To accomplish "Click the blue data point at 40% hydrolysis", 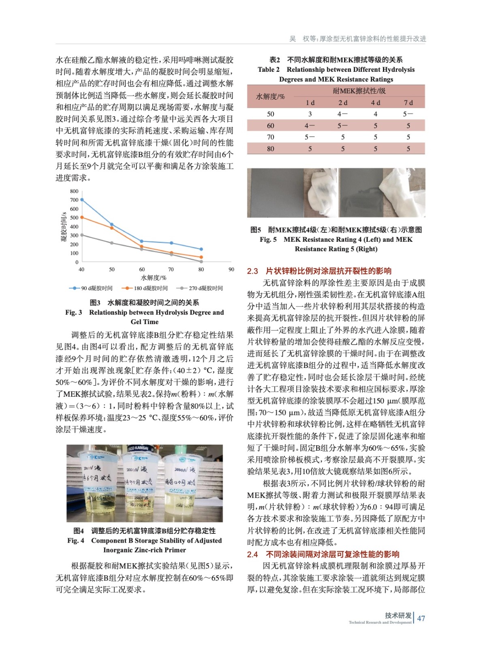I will click(x=82, y=200).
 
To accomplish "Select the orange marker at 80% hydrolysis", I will click(x=201, y=257).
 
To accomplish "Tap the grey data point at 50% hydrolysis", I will click(x=112, y=243).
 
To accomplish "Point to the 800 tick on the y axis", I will click(x=74, y=191).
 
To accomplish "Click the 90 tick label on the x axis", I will click(x=231, y=269).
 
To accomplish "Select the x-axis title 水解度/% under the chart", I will click(x=154, y=278).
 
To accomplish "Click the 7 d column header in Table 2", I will click(x=408, y=103).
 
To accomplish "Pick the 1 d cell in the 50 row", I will click(x=310, y=114).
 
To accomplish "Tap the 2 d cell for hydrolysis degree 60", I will click(x=342, y=126).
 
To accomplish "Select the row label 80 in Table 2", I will click(x=271, y=149).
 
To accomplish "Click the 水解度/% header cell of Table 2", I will click(x=270, y=97).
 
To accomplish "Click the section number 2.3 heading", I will click(x=252, y=271).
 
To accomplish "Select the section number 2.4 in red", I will click(x=252, y=554).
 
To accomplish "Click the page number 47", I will click(x=421, y=618).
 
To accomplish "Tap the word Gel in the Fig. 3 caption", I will click(x=137, y=322).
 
